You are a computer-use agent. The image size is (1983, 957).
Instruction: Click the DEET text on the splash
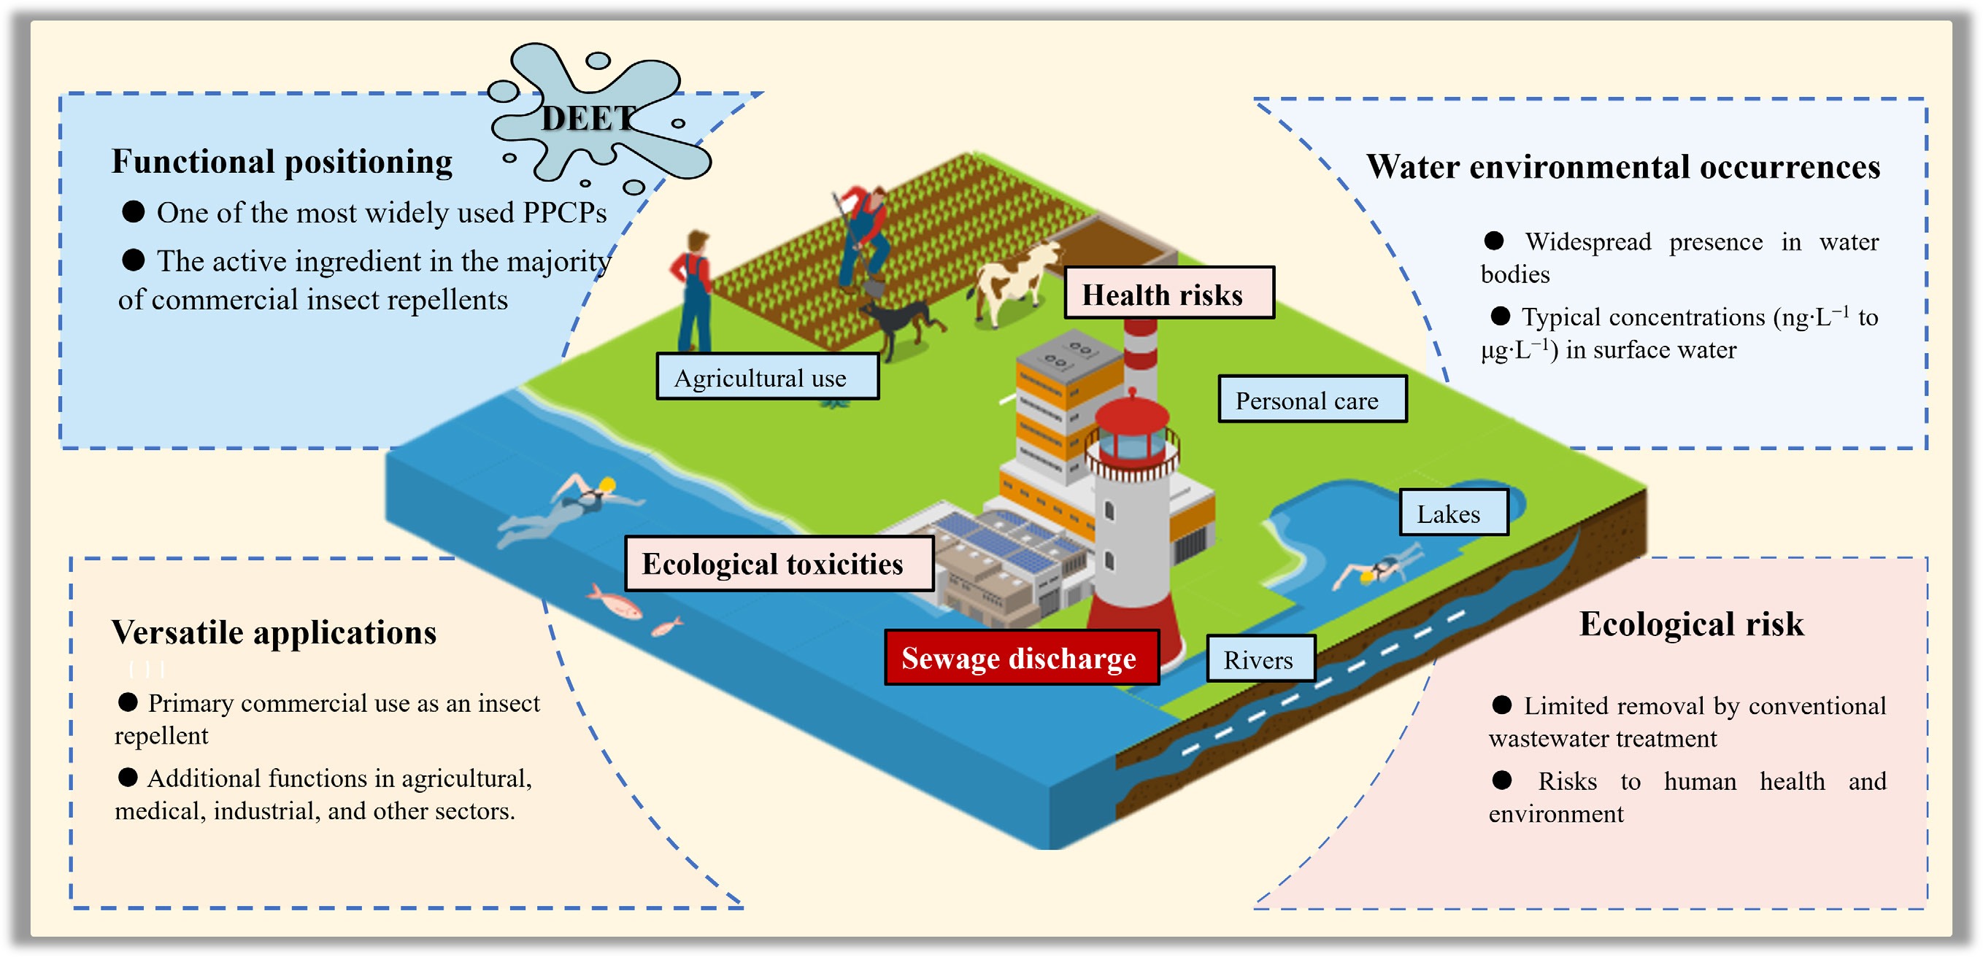(x=588, y=119)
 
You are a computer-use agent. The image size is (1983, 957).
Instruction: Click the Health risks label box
(x=1168, y=293)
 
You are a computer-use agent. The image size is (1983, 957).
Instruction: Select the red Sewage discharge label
(x=1021, y=658)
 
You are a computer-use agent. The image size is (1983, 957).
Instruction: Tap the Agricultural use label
(x=767, y=377)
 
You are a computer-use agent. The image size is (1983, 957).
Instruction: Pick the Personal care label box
(x=1312, y=399)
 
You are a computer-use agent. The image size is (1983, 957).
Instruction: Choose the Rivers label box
(x=1260, y=659)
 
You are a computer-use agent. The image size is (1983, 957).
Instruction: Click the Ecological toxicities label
(x=777, y=564)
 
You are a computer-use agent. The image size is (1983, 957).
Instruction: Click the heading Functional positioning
(x=282, y=163)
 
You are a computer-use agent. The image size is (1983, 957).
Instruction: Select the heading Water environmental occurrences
(x=1622, y=167)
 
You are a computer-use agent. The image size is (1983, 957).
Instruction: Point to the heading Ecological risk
(x=1690, y=624)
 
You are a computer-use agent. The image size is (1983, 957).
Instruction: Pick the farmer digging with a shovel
(x=864, y=235)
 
